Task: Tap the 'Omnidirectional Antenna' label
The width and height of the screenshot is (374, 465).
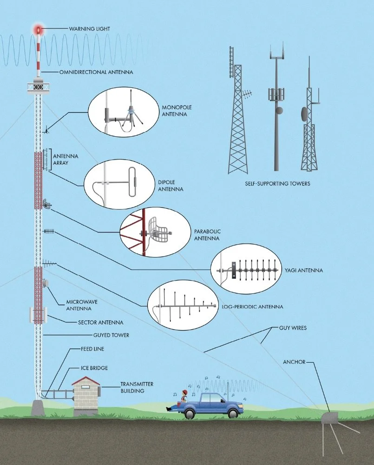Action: pos(96,72)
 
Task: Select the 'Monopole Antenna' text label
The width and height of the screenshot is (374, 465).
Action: pos(176,110)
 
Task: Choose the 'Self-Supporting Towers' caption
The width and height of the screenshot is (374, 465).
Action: pos(277,184)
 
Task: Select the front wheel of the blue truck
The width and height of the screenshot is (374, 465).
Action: pos(233,412)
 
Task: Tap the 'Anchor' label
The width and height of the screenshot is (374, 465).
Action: pos(294,362)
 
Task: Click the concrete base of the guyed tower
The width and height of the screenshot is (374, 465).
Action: pos(37,408)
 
